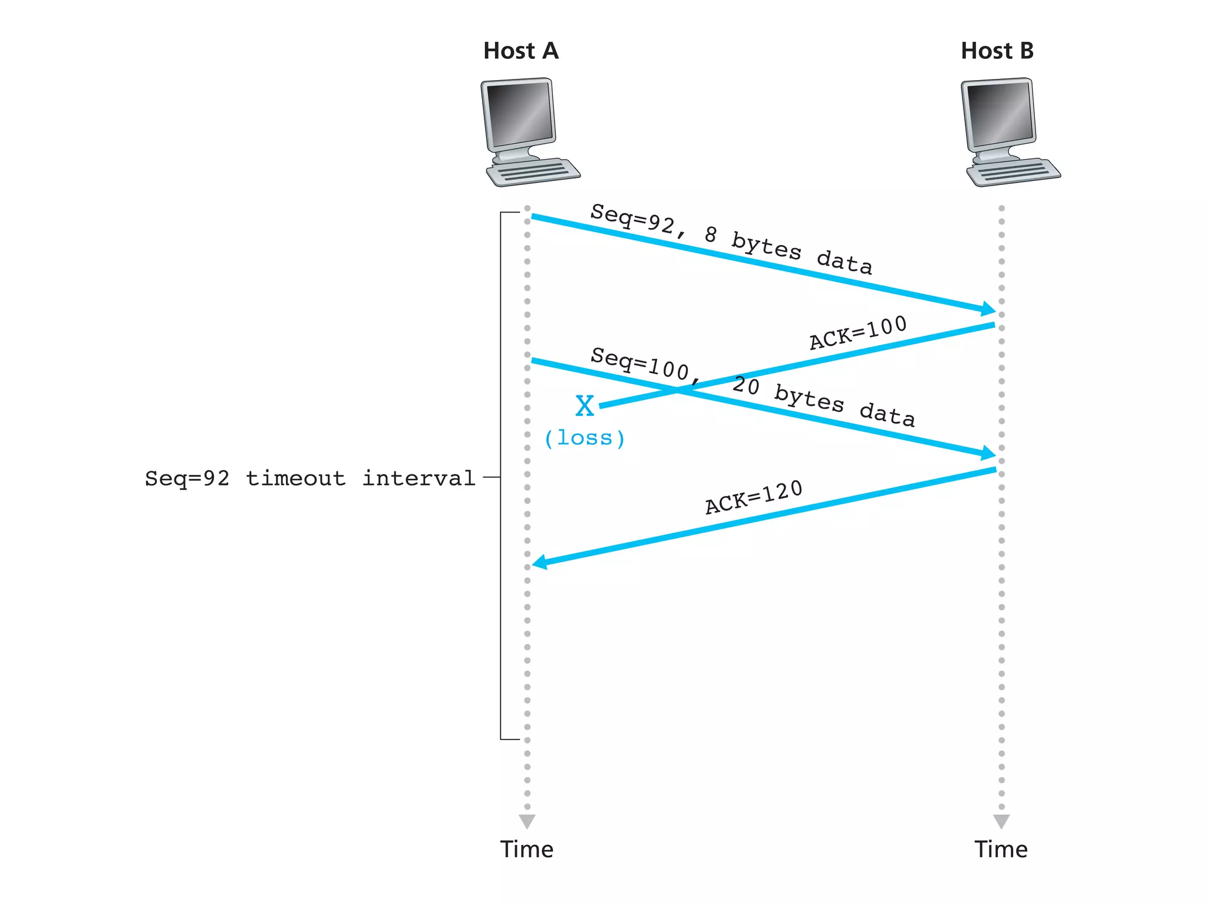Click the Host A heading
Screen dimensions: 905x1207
click(520, 51)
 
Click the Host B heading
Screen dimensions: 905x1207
click(997, 51)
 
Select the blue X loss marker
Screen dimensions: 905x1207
click(585, 406)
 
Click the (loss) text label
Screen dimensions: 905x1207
click(584, 438)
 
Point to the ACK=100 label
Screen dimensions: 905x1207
click(858, 333)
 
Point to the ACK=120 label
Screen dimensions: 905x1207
click(754, 497)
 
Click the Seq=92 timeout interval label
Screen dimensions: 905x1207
click(311, 478)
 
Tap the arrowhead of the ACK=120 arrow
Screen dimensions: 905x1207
click(540, 562)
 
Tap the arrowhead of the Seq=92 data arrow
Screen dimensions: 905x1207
click(988, 309)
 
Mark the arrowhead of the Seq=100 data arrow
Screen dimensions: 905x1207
click(988, 453)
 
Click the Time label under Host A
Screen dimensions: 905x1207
click(527, 849)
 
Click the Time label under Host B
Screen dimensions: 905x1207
click(1001, 849)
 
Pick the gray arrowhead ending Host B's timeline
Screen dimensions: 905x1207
click(1001, 821)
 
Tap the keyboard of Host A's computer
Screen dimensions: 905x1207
click(533, 173)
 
